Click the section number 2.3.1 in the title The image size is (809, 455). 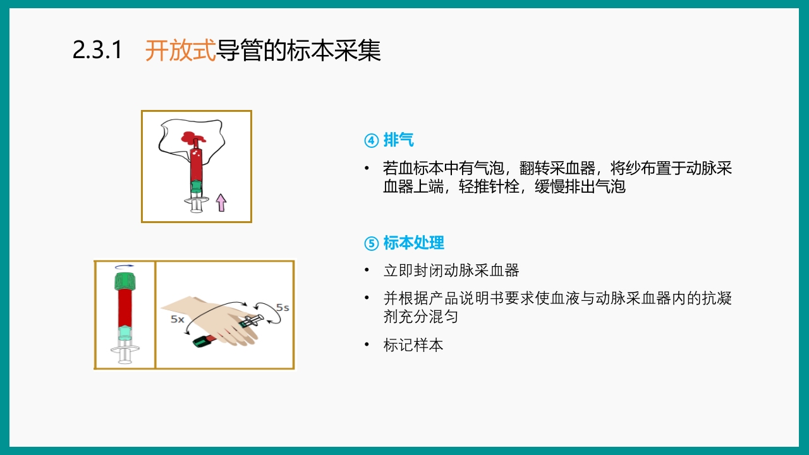[x=97, y=51]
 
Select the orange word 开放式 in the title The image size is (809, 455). [x=180, y=51]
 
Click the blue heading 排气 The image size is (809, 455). [x=398, y=140]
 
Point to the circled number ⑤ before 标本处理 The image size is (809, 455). [x=371, y=243]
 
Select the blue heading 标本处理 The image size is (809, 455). [x=413, y=243]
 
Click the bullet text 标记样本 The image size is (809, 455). [x=413, y=346]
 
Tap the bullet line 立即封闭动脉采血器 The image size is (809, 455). [x=451, y=270]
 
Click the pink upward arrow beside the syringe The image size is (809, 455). [x=221, y=202]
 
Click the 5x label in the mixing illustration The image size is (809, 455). [x=178, y=319]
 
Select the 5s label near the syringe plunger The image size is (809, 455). [x=283, y=308]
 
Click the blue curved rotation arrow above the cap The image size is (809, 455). [x=125, y=267]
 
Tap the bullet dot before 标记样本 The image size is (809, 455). [x=367, y=345]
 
